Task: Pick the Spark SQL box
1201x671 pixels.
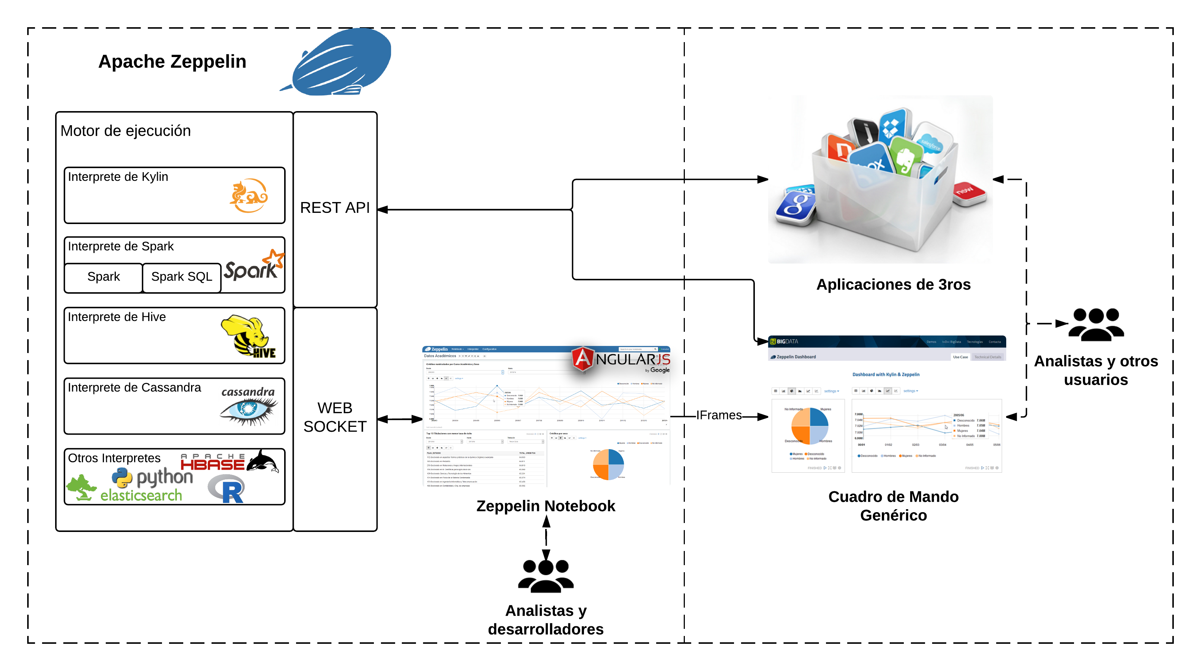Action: pos(181,277)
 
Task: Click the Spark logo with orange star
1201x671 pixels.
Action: pos(254,266)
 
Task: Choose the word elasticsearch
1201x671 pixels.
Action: pos(141,495)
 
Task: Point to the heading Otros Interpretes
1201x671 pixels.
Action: pos(114,458)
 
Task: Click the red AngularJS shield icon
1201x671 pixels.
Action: pos(583,359)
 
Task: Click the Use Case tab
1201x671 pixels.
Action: pos(960,357)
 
